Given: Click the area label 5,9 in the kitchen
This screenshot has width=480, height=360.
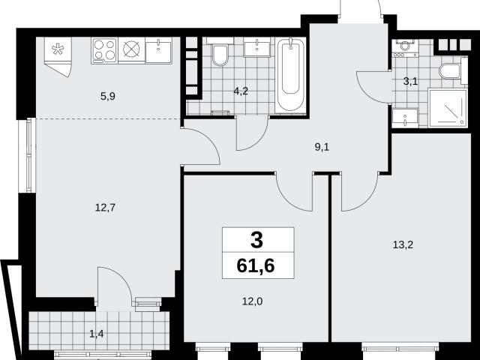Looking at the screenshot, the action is pos(107,97).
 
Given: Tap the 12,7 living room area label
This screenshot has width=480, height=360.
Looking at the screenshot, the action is pos(105,208).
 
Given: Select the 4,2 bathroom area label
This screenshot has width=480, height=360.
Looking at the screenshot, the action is pos(241,91).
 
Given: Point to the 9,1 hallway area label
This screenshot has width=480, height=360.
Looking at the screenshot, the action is pos(322,147).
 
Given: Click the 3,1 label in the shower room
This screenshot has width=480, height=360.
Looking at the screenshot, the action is pos(410,82).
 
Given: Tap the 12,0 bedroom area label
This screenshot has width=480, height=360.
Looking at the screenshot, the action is pos(252,301).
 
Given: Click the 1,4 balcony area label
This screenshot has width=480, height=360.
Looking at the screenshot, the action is pos(97,334).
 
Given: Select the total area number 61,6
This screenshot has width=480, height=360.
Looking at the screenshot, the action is pos(256,266).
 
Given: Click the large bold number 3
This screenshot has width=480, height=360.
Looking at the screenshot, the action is pos(256,240).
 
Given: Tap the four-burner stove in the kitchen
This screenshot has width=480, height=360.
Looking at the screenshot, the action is pos(104,50).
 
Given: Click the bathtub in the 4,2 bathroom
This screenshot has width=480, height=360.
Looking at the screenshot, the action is pos(290,75).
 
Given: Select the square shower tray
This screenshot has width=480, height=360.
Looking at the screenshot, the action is pos(448,107).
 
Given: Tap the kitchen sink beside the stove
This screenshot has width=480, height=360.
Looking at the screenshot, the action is pos(158,50).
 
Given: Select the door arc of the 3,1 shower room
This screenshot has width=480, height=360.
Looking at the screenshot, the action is pos(366,91).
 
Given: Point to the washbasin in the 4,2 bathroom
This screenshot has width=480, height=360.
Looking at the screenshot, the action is pos(256,48).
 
